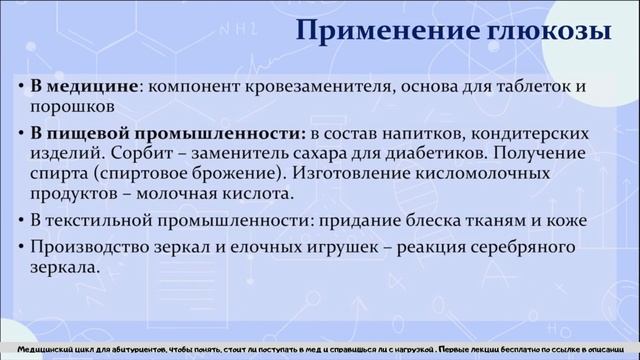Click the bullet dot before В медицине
click(x=21, y=86)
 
